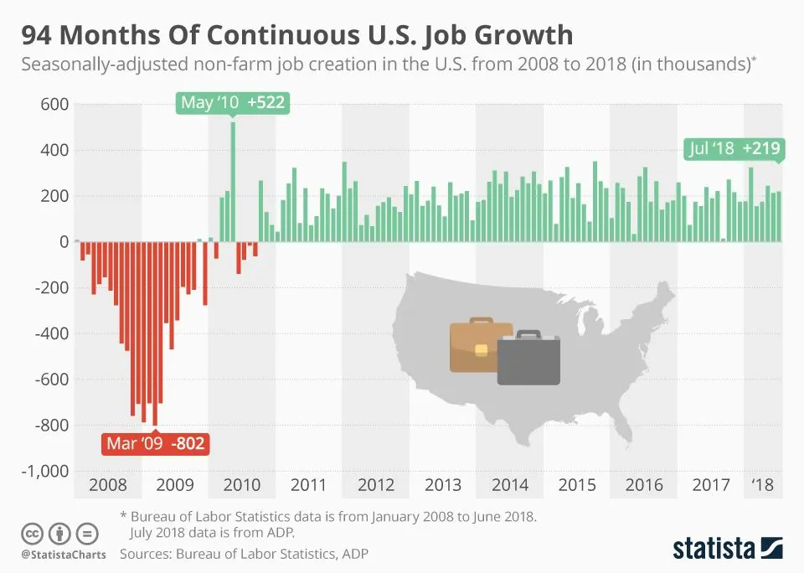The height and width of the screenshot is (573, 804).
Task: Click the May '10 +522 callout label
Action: pyautogui.click(x=232, y=103)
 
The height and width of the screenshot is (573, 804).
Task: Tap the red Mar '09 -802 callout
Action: pyautogui.click(x=156, y=442)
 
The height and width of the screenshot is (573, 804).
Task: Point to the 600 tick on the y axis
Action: pyautogui.click(x=53, y=105)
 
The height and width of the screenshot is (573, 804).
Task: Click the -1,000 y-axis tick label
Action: pyautogui.click(x=43, y=471)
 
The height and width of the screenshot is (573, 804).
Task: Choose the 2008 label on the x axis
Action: pyautogui.click(x=107, y=484)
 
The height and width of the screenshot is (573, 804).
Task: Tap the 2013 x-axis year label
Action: pyautogui.click(x=442, y=484)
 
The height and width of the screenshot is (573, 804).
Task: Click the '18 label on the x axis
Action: pyautogui.click(x=762, y=484)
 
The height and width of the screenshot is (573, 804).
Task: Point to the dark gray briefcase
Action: pyautogui.click(x=528, y=359)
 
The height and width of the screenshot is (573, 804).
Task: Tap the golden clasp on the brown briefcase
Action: pyautogui.click(x=481, y=349)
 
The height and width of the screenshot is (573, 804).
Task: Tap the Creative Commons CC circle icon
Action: pyautogui.click(x=32, y=533)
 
